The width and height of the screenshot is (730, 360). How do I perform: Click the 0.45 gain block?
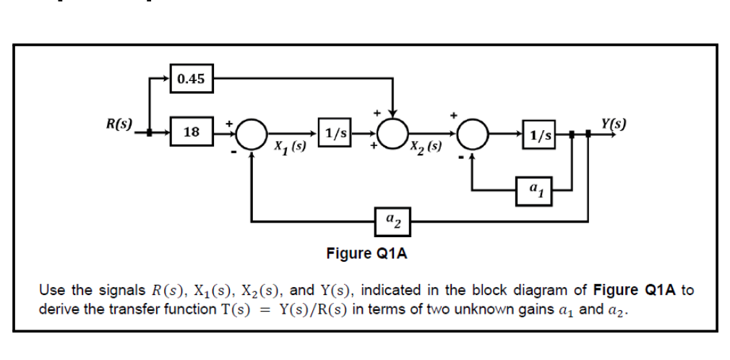click(191, 79)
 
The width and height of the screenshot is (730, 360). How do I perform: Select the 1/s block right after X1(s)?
click(336, 134)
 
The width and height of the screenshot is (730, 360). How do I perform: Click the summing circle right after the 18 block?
click(250, 134)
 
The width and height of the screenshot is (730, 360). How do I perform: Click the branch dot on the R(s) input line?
click(150, 133)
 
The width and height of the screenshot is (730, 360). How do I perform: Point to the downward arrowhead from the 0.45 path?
click(392, 112)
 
